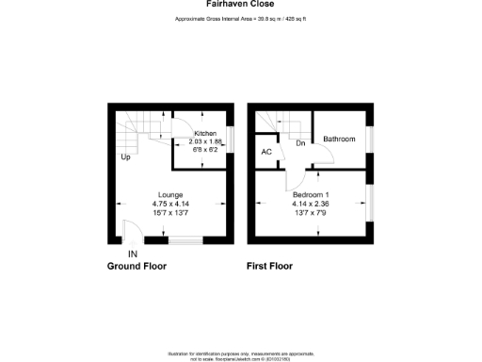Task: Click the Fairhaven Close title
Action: (x=240, y=4)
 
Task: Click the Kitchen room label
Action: (x=204, y=134)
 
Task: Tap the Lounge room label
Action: (x=170, y=195)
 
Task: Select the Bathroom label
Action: (x=339, y=140)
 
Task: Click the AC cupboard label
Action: (x=265, y=151)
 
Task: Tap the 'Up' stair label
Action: (x=125, y=156)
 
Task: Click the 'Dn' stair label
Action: (x=299, y=143)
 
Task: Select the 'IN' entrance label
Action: (x=133, y=254)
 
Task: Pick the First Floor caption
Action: (x=272, y=267)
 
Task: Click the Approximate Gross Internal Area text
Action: (x=241, y=19)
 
